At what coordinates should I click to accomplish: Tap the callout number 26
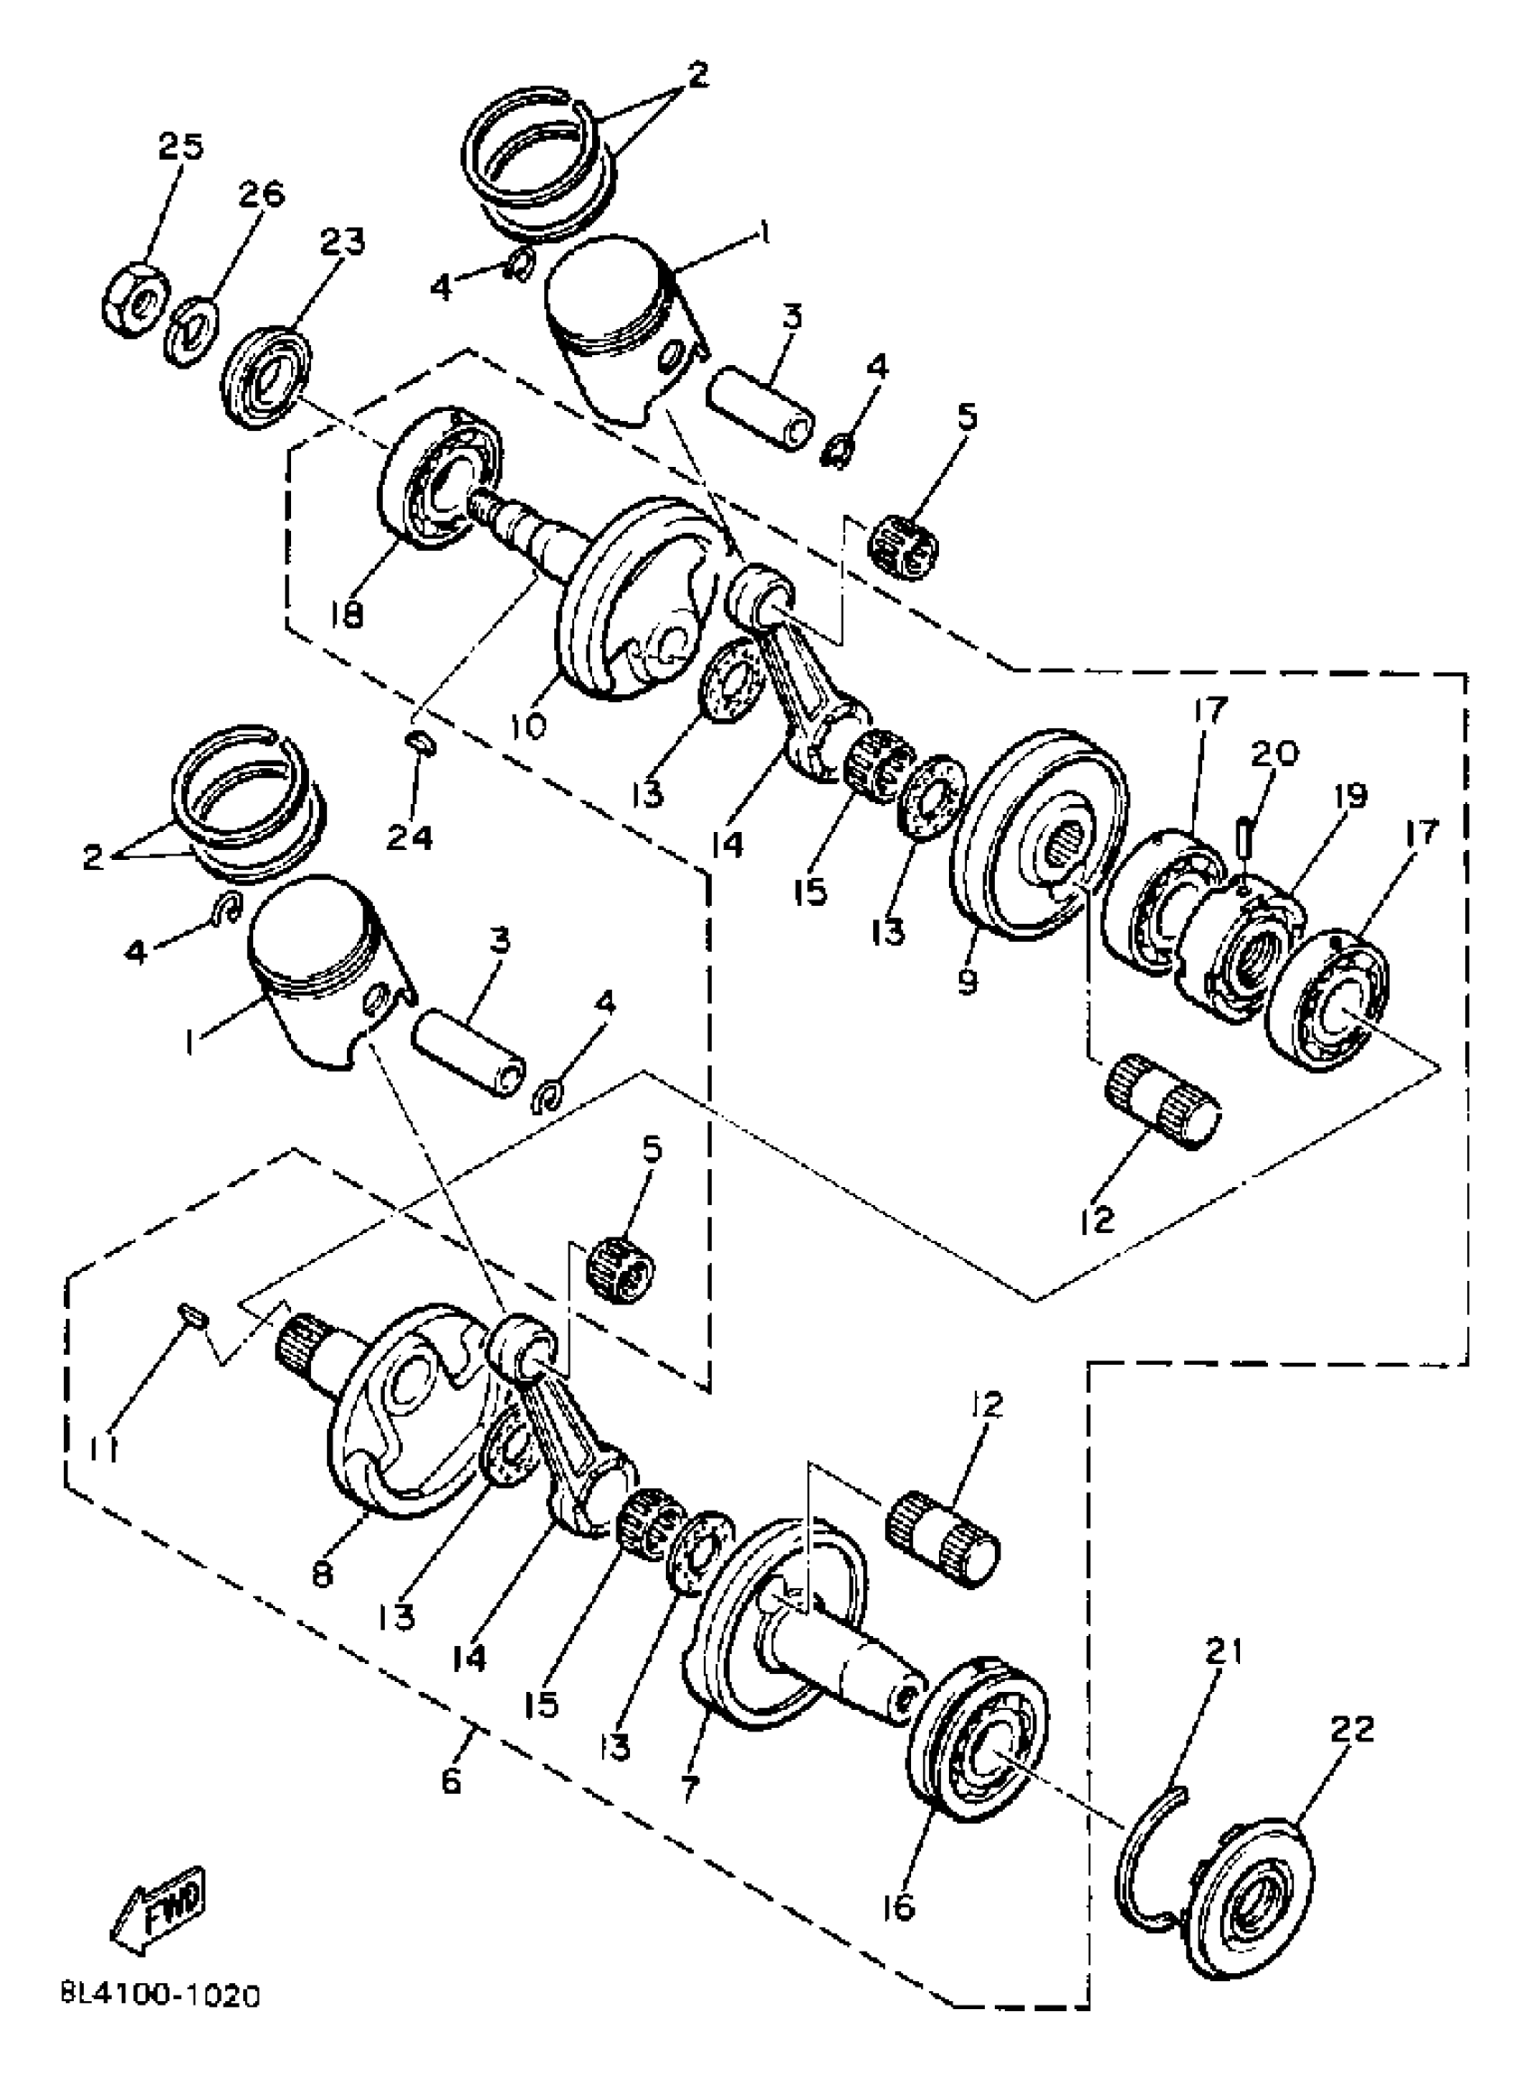click(x=260, y=194)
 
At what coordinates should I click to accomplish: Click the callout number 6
click(x=451, y=1783)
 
